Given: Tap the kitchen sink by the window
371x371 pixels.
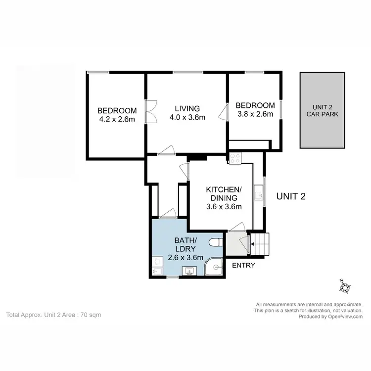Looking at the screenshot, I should pos(258,192).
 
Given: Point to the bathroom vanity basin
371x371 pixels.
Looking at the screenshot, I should pos(189,271).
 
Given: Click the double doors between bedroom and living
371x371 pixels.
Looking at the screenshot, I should pos(150,112).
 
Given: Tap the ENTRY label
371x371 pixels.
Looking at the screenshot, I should pos(244,266).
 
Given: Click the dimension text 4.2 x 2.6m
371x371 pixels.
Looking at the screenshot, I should pos(117,119).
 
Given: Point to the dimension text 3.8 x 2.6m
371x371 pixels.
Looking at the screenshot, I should pos(255,114).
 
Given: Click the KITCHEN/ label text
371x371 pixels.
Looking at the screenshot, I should pos(224,189).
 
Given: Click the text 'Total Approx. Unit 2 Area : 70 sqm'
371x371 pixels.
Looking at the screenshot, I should pos(53,315).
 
